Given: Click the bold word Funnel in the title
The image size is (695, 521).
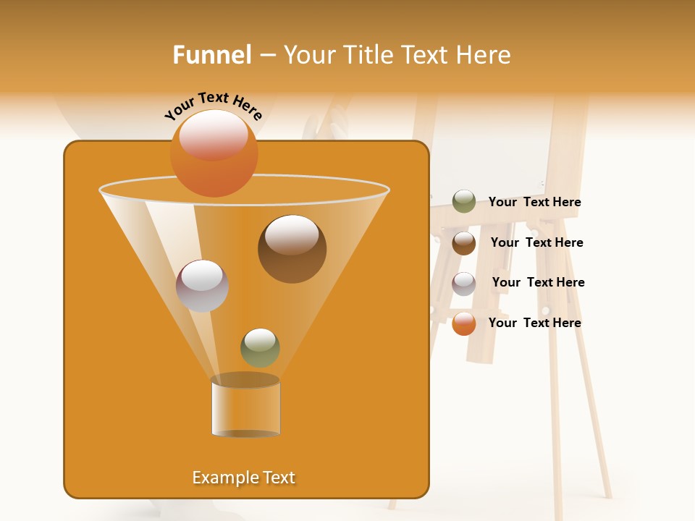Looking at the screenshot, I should click(212, 55).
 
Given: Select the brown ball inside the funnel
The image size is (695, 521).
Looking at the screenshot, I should click(292, 250).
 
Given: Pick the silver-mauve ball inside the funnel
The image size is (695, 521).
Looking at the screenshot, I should click(202, 286).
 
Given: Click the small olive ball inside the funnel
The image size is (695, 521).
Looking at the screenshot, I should click(260, 348).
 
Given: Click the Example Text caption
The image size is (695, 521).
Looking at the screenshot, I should click(243, 478).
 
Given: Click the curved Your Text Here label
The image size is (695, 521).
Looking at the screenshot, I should click(214, 106).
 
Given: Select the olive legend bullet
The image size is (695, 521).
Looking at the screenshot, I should click(464, 202).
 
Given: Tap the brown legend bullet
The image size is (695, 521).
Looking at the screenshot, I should click(464, 243).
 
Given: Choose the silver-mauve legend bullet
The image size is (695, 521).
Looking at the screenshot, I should click(464, 284).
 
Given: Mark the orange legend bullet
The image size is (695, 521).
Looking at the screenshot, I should click(464, 324).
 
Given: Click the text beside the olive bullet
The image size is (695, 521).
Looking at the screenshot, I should click(534, 203).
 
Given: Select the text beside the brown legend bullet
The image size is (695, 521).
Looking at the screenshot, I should click(536, 243).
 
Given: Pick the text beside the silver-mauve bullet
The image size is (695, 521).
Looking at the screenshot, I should click(538, 283).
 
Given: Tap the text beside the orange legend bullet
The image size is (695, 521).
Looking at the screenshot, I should click(534, 323).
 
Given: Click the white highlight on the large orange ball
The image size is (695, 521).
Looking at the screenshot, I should click(214, 134).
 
